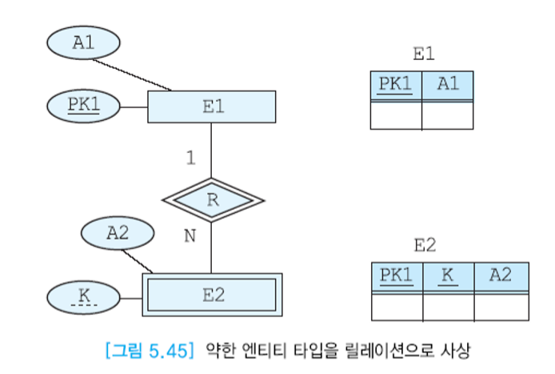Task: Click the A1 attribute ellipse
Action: click(84, 43)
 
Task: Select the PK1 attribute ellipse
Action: click(83, 105)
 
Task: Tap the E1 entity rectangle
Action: click(212, 107)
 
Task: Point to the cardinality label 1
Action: click(190, 159)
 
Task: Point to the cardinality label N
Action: click(190, 237)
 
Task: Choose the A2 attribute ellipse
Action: click(118, 233)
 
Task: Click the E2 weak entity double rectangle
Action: click(213, 295)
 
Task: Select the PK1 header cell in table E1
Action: click(396, 84)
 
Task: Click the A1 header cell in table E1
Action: click(448, 84)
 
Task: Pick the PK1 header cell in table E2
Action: click(397, 276)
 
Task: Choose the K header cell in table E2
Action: click(448, 276)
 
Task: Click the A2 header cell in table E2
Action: click(501, 276)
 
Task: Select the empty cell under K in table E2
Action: click(448, 307)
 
